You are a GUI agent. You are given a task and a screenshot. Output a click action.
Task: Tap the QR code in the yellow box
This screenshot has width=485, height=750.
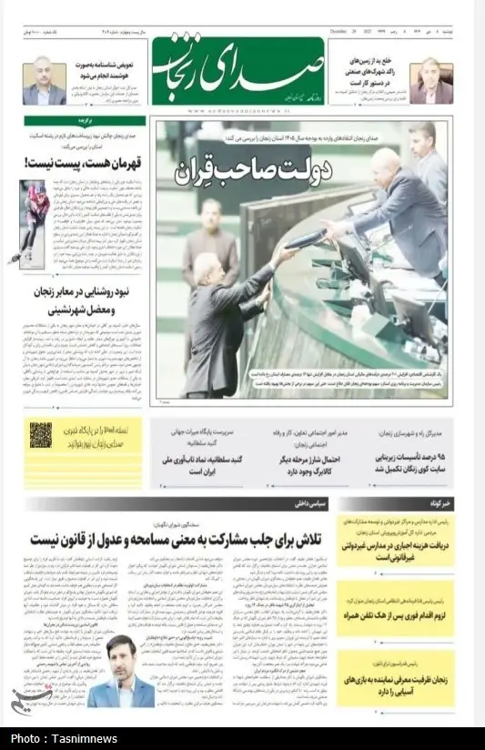41,435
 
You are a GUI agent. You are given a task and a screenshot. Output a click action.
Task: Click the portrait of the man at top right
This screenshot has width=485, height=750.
430,81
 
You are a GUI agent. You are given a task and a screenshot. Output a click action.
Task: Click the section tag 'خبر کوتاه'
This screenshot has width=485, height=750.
429,502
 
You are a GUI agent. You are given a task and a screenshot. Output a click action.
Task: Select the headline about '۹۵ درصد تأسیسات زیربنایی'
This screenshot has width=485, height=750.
401,461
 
